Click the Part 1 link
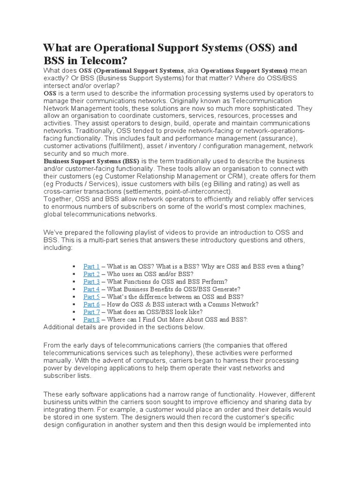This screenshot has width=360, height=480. [x=91, y=266]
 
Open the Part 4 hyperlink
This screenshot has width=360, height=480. [x=91, y=289]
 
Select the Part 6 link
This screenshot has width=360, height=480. [x=91, y=304]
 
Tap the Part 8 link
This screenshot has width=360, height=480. [x=91, y=319]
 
